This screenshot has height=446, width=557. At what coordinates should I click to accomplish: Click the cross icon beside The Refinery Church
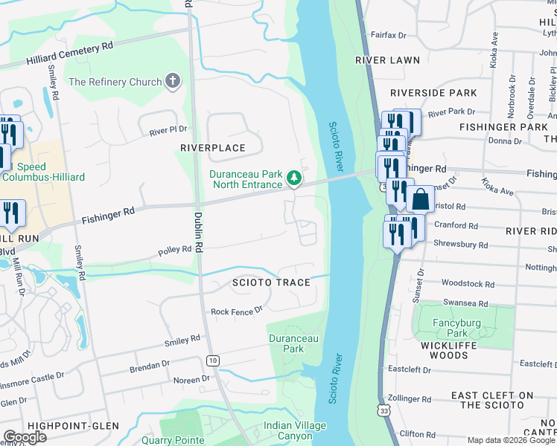pos(173,82)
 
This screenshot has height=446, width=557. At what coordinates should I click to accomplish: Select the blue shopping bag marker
pos(420,199)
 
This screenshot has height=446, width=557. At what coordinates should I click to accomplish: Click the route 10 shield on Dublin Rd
pos(213,361)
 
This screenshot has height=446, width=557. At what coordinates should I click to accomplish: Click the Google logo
pos(25,437)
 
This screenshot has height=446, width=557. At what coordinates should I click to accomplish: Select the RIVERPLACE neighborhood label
pos(213,148)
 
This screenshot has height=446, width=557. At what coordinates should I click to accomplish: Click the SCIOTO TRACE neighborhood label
pos(270,283)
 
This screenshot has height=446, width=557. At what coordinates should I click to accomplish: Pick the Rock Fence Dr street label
pos(237,311)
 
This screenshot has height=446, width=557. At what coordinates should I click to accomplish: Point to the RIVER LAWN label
pos(387,60)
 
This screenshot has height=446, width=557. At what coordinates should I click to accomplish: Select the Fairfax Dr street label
pos(387,35)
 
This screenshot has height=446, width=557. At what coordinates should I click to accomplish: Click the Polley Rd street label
pos(175,252)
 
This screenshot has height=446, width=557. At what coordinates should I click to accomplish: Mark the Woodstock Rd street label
pos(468,283)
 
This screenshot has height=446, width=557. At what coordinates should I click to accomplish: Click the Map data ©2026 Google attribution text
pos(511,440)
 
